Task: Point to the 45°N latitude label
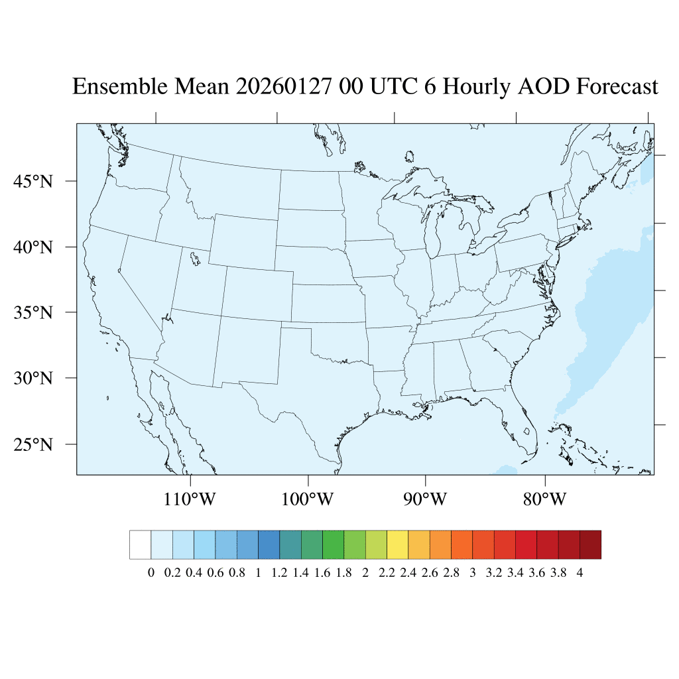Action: [32, 181]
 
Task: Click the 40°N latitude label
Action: [32, 247]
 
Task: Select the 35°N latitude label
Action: [32, 312]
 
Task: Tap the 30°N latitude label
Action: [32, 378]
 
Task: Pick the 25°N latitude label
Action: [32, 444]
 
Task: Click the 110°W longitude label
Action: [190, 499]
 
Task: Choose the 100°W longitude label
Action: [308, 499]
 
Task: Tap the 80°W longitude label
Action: [544, 499]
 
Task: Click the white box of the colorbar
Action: [140, 544]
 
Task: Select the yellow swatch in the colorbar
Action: [397, 544]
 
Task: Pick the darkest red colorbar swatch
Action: [590, 544]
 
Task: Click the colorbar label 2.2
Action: [387, 573]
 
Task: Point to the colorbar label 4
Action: [580, 573]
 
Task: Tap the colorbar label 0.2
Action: [172, 573]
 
